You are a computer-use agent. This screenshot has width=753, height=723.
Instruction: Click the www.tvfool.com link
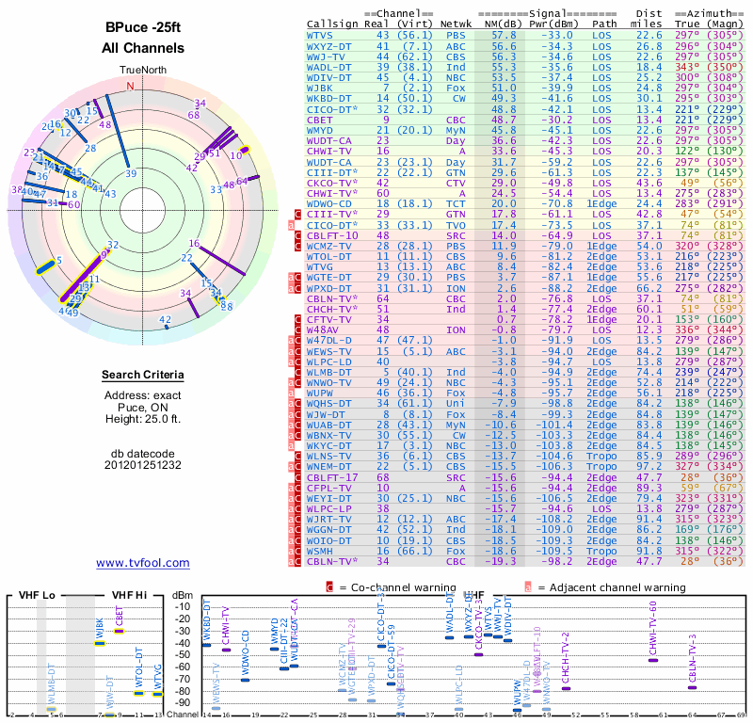pyautogui.click(x=143, y=563)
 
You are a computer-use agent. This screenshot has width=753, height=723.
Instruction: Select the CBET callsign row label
pyautogui.click(x=319, y=120)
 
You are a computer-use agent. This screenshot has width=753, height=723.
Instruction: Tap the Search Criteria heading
pyautogui.click(x=143, y=376)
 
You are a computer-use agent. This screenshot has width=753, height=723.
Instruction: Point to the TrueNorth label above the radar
pyautogui.click(x=143, y=71)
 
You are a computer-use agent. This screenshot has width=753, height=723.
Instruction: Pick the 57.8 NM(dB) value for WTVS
pyautogui.click(x=504, y=35)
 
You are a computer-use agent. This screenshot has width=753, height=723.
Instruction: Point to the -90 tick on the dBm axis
pyautogui.click(x=184, y=702)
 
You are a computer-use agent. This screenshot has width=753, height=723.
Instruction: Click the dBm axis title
pyautogui.click(x=184, y=595)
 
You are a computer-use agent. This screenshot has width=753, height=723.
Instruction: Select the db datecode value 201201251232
pyautogui.click(x=143, y=465)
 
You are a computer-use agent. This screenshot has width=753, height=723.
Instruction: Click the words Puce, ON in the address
pyautogui.click(x=143, y=407)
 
